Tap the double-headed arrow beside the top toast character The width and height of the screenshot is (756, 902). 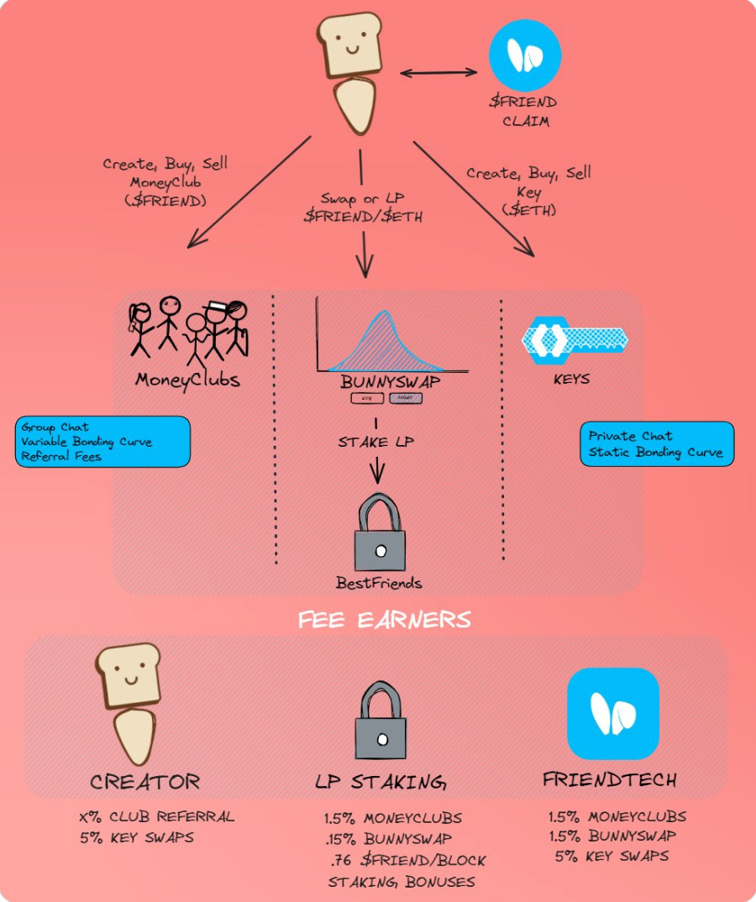[438, 73]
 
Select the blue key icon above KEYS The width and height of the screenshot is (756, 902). [575, 338]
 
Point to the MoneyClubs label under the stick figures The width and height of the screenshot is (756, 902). [187, 380]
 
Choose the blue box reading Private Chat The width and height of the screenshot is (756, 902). [656, 444]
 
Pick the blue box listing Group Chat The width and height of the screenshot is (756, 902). [102, 441]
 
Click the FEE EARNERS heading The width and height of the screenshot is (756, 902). [384, 621]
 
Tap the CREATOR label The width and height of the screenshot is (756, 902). [145, 783]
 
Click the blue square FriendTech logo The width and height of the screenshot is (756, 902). [612, 713]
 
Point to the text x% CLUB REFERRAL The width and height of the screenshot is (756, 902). [155, 816]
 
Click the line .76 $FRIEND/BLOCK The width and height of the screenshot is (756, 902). [408, 860]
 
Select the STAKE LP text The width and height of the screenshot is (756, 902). [375, 442]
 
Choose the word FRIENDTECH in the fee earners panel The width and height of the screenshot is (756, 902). [609, 779]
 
